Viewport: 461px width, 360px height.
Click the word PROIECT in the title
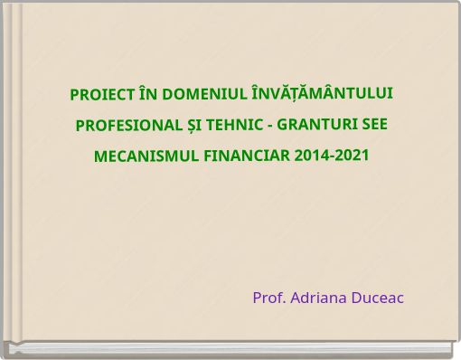(102, 95)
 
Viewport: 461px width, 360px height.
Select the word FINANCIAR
(247, 155)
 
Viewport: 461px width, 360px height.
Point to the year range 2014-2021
(332, 155)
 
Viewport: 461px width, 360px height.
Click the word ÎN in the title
(148, 95)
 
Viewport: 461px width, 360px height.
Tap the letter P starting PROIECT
(75, 95)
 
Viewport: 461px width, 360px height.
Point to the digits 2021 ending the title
(352, 155)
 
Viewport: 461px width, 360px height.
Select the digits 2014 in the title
(311, 155)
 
